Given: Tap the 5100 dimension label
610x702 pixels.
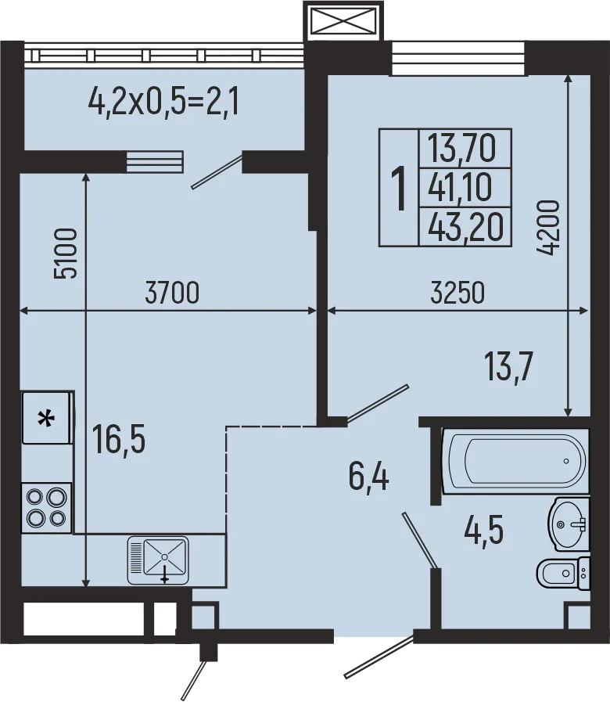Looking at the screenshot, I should [x=66, y=254].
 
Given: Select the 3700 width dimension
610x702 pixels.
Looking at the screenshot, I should [x=173, y=293].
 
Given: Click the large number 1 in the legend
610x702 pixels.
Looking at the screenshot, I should [x=399, y=189].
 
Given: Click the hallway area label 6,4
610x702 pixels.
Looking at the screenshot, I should [x=369, y=476].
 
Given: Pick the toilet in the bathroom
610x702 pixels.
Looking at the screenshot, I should [x=562, y=574].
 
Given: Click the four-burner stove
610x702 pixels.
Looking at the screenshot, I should [x=46, y=507].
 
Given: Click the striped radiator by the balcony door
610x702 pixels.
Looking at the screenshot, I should [x=154, y=162].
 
